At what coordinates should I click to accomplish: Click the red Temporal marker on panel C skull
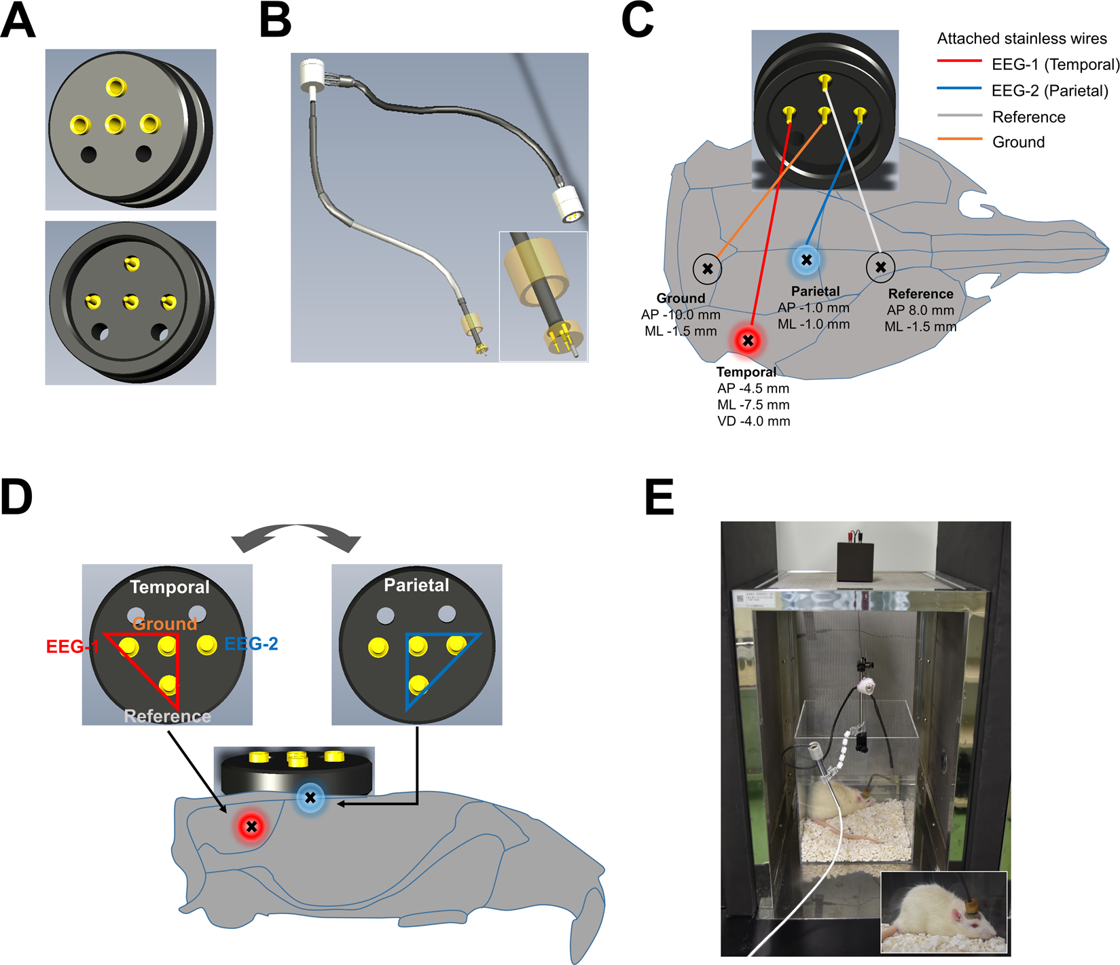[x=748, y=340]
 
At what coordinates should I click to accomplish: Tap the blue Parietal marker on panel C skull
[x=806, y=260]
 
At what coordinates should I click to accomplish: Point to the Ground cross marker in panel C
[x=707, y=268]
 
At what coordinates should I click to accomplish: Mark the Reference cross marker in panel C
[x=880, y=267]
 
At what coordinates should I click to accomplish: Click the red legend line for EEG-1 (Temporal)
[x=959, y=61]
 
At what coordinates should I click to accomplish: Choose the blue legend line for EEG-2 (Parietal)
[x=959, y=88]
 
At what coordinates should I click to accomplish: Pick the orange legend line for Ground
[x=959, y=139]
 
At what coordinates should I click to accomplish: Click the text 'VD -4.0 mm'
[x=753, y=421]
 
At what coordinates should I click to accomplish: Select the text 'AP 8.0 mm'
[x=920, y=311]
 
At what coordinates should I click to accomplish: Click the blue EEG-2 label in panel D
[x=251, y=644]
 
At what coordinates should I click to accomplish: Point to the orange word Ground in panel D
[x=165, y=623]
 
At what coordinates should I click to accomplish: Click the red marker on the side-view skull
[x=251, y=826]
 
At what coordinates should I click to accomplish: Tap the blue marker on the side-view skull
[x=310, y=798]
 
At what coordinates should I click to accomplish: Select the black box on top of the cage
[x=859, y=561]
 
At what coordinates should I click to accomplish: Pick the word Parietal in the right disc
[x=416, y=585]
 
